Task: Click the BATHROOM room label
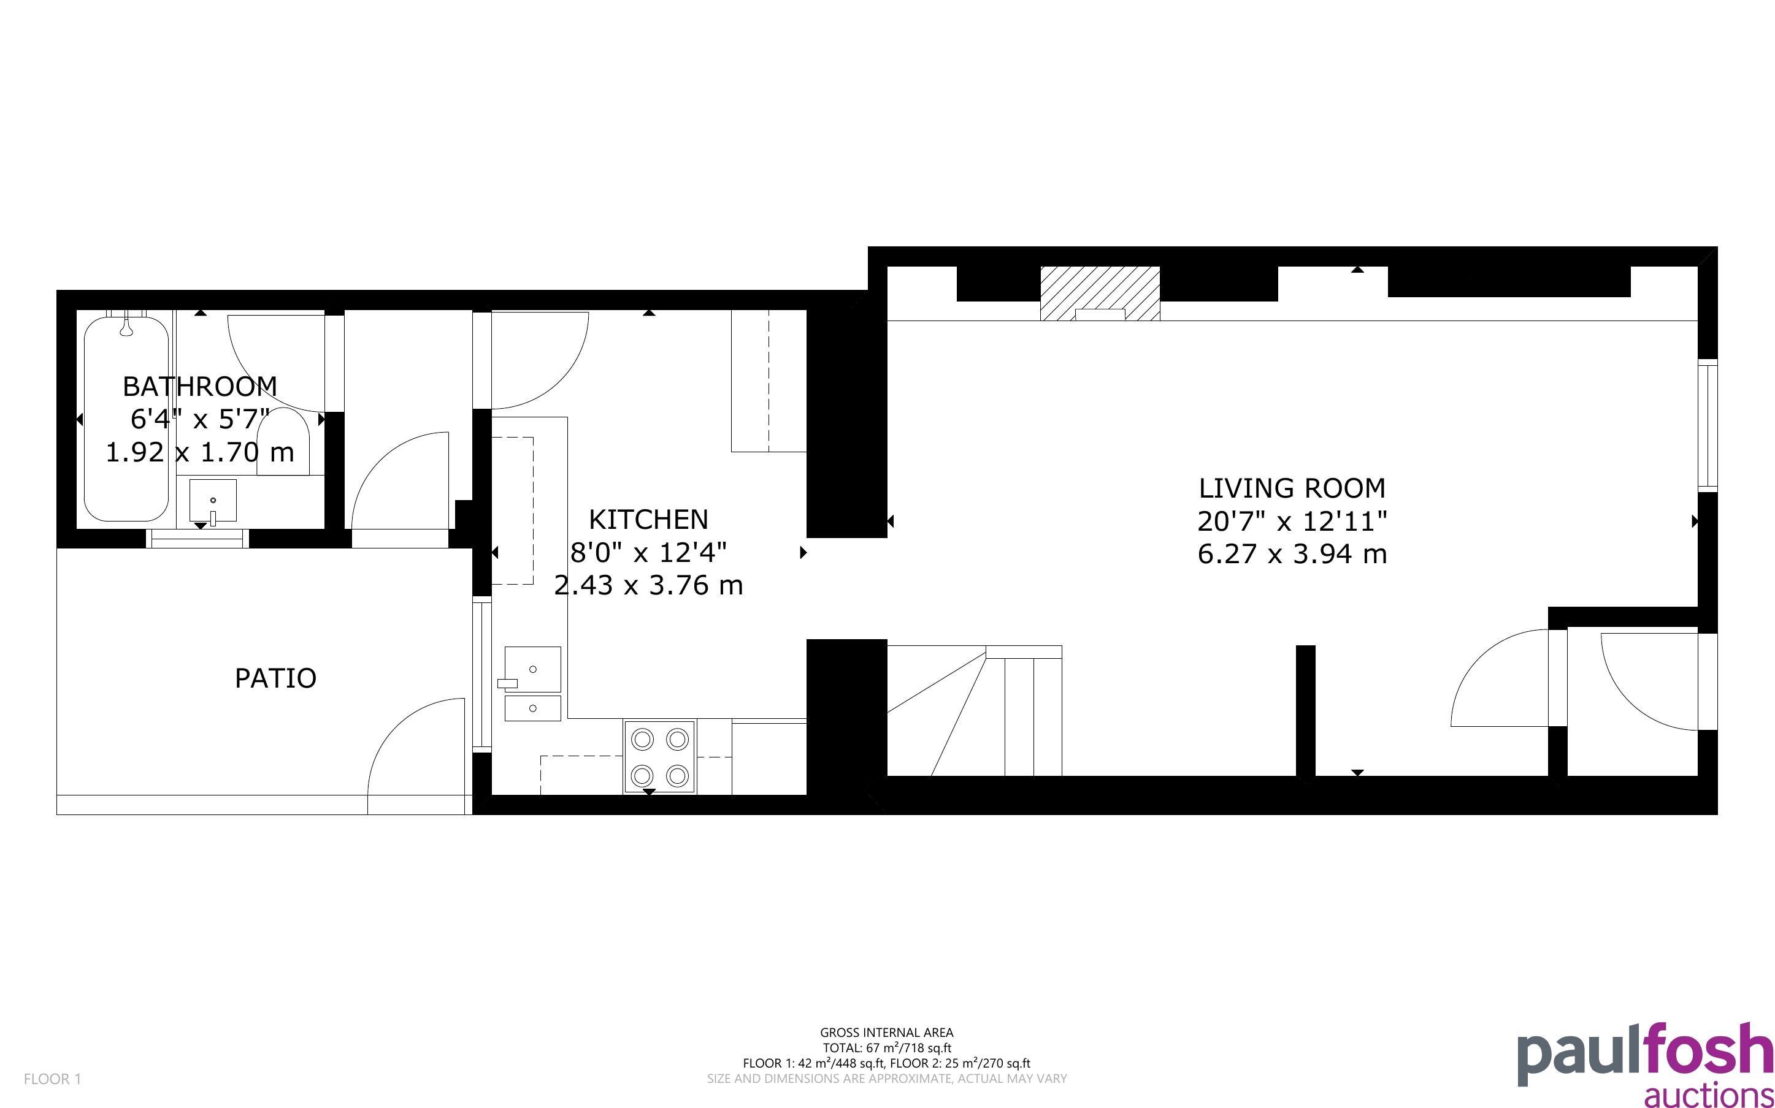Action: (199, 385)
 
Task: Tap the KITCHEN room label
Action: (648, 520)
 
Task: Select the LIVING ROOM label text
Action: (1292, 488)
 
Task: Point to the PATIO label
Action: (275, 678)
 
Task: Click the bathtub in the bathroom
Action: (128, 419)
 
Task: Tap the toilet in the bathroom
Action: (283, 442)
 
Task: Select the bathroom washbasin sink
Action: (213, 501)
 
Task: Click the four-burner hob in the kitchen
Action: (660, 757)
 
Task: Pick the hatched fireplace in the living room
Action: (1100, 293)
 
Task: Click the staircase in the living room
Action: (975, 710)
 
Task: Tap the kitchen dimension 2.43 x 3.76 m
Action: (648, 585)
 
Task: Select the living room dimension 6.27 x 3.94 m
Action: (1292, 554)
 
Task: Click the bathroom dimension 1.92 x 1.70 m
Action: (199, 452)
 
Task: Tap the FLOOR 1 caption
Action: (53, 1079)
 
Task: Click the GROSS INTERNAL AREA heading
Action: (886, 1033)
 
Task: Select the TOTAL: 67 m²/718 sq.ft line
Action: (886, 1048)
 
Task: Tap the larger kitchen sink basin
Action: (533, 669)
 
